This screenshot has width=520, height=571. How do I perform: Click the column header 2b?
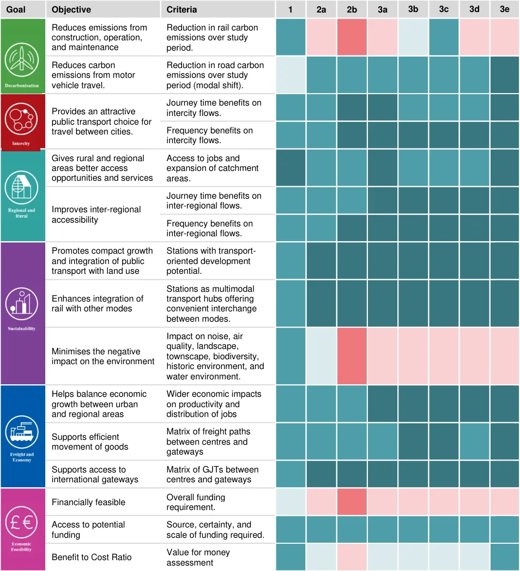[352, 9]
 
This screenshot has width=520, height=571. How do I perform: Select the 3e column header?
[505, 9]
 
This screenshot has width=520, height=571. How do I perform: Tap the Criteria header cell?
[217, 9]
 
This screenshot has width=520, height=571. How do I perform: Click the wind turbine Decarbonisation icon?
[22, 60]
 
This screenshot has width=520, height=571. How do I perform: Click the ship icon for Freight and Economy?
[22, 432]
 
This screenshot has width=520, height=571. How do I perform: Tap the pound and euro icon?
[21, 522]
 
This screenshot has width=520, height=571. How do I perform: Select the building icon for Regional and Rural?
[21, 188]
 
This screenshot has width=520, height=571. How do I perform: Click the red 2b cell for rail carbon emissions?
[352, 37]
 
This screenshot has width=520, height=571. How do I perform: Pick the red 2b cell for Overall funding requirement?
[352, 502]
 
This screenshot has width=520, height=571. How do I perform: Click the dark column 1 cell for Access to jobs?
[291, 168]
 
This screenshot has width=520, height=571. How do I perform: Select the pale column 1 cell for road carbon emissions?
[291, 75]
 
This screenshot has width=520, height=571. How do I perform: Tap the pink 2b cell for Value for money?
[352, 557]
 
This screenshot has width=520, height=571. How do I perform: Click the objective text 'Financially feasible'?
[89, 502]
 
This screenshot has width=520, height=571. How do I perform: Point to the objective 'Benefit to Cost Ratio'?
[92, 557]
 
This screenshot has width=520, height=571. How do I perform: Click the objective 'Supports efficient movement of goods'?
[90, 442]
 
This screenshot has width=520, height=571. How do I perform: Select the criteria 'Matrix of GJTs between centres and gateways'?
[213, 475]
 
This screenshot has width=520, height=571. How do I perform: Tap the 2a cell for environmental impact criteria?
[321, 356]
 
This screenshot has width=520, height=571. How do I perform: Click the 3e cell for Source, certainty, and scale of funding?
[505, 530]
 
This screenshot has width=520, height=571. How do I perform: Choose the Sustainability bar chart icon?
[21, 304]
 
